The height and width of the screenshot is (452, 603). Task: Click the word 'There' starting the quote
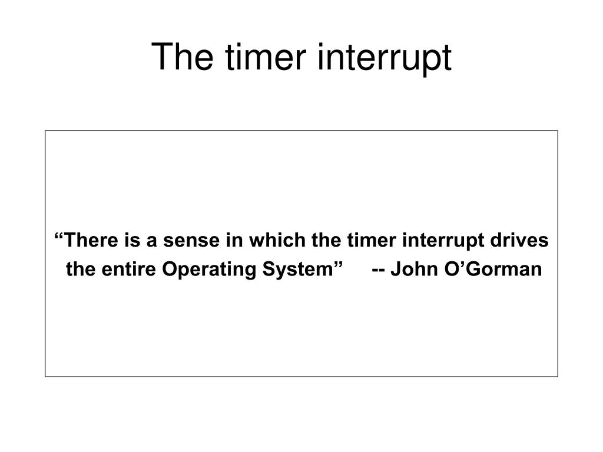tap(86, 241)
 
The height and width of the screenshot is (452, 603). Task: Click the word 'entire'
tap(129, 270)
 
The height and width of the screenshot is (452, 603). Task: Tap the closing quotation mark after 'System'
tap(339, 265)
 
